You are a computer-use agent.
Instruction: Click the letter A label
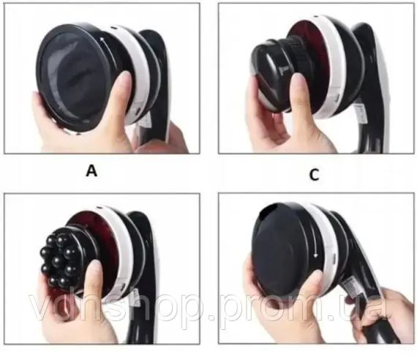pos(91,170)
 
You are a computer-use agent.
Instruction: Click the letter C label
pos(315,175)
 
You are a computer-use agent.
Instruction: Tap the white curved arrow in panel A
pos(108,51)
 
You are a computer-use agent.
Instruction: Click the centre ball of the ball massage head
pos(57,261)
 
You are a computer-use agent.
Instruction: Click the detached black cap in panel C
pos(274,76)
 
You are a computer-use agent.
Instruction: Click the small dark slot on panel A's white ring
pos(114,28)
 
